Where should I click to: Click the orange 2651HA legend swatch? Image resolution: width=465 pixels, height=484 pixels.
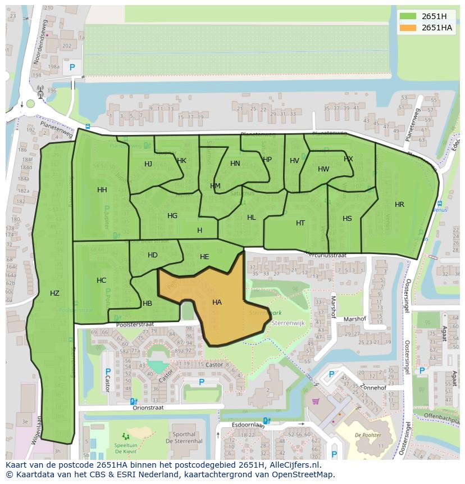(x=408, y=28)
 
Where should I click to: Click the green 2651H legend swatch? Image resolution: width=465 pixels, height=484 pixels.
(x=408, y=16)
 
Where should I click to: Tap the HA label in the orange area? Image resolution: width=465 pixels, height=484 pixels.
(x=217, y=302)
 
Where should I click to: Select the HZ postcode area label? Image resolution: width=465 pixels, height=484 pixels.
(x=54, y=293)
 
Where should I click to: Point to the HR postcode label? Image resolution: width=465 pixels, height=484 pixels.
(x=399, y=205)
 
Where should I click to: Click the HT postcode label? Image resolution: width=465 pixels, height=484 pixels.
(x=300, y=223)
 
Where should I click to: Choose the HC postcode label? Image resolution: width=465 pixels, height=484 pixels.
(x=101, y=281)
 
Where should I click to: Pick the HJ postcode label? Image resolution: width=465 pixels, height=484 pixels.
(x=148, y=164)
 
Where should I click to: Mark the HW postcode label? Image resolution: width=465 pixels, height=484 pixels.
(x=323, y=169)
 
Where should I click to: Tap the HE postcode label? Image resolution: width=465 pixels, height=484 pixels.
(x=204, y=257)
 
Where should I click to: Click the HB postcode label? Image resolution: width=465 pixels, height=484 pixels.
(x=148, y=304)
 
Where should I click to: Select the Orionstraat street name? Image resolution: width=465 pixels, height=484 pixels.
(x=148, y=408)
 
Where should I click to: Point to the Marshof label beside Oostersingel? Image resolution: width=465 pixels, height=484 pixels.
(x=354, y=319)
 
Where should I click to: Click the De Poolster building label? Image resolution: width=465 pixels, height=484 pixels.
(x=368, y=435)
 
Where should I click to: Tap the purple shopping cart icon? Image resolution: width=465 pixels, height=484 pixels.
(x=316, y=401)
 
